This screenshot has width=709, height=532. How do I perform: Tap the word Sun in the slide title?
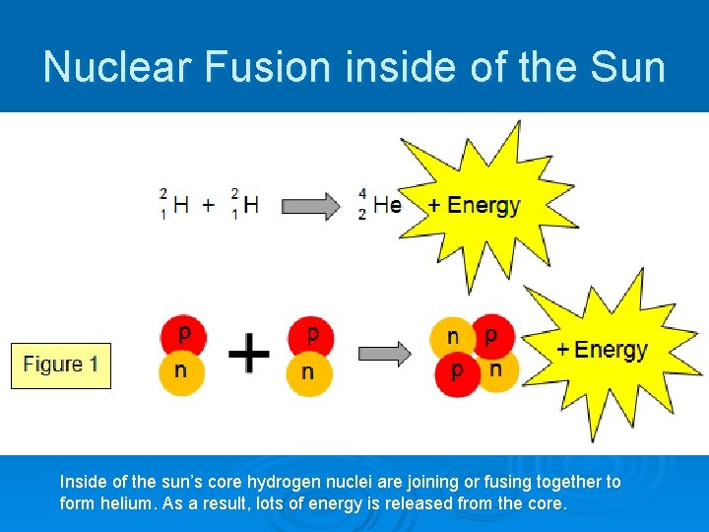[626, 67]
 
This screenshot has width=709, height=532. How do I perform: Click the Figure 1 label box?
[61, 366]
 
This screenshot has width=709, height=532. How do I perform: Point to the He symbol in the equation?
[387, 205]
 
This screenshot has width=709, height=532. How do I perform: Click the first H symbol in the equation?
[181, 205]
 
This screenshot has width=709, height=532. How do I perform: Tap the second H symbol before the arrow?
[252, 205]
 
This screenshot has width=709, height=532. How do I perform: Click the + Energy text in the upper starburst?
[474, 205]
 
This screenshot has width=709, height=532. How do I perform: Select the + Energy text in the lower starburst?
[602, 350]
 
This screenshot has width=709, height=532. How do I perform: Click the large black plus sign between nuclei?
[249, 353]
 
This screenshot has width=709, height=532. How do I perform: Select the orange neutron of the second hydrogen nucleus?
[309, 371]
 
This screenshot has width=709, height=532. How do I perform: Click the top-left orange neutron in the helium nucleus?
[452, 337]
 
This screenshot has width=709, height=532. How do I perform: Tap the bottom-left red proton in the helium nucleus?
[456, 372]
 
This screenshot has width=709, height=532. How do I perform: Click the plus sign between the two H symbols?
[209, 205]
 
